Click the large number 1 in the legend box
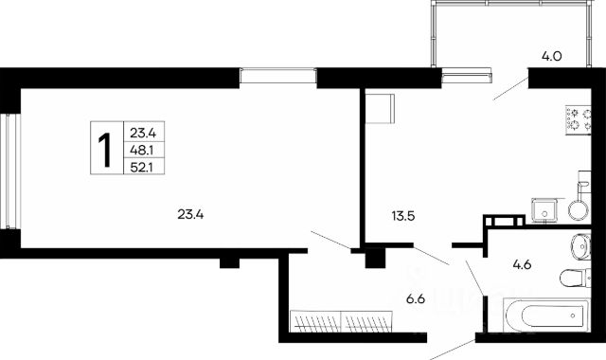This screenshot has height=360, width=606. point(105,151)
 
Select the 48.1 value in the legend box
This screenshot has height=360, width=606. point(142,151)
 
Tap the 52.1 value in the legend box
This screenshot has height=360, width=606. point(142,169)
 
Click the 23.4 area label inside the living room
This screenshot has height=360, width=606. point(190,214)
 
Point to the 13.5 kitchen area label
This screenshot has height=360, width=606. point(403,216)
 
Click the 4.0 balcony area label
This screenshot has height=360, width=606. point(551,57)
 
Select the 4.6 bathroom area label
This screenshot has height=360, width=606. point(522,265)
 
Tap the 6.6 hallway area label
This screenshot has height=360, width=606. point(416,299)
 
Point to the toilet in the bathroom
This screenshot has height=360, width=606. point(576,278)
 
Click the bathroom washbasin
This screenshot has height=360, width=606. point(580,246)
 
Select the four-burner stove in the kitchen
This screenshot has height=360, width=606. point(579,120)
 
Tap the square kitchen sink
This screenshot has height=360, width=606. point(545,210)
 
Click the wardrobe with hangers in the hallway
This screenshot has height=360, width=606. point(341,321)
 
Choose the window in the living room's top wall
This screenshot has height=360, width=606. point(277,76)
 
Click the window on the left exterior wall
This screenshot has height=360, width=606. point(10,171)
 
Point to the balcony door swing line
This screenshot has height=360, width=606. point(511,88)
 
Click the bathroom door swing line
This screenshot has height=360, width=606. point(475,278)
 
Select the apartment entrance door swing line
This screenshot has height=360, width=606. point(453,350)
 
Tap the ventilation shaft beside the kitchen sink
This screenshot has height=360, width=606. point(505,221)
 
